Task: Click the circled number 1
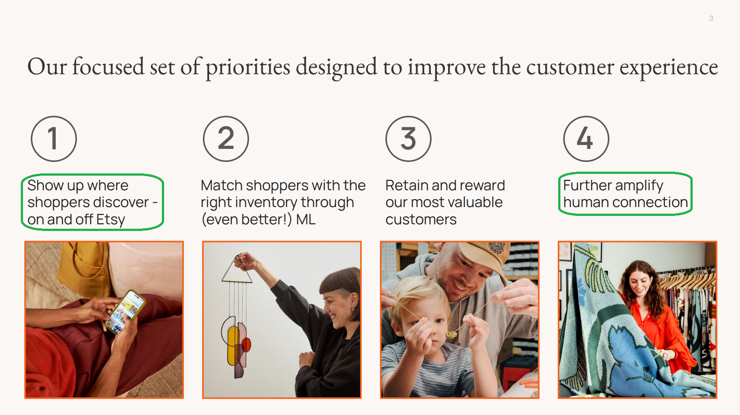click(54, 139)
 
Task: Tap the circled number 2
click(226, 139)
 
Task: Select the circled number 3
click(408, 139)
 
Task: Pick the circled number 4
click(587, 139)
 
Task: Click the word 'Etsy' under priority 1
click(111, 220)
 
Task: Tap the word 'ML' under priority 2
click(306, 219)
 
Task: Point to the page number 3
click(711, 19)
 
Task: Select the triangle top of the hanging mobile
click(237, 271)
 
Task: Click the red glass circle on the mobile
click(246, 345)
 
